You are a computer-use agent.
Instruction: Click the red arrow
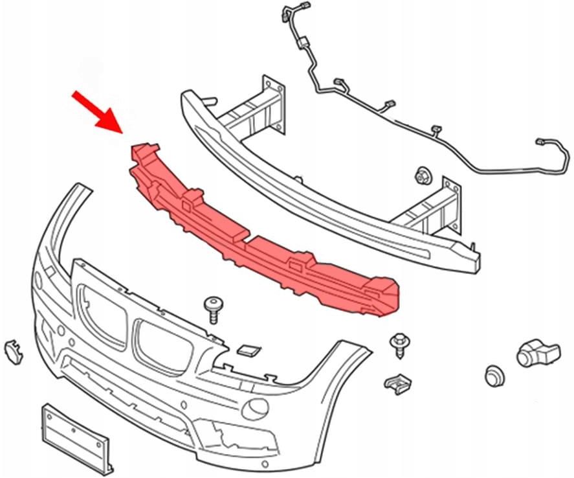(99, 109)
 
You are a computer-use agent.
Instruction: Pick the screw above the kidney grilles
(212, 308)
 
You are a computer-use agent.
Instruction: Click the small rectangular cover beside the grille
(248, 350)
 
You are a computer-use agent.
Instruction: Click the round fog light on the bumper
(258, 407)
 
